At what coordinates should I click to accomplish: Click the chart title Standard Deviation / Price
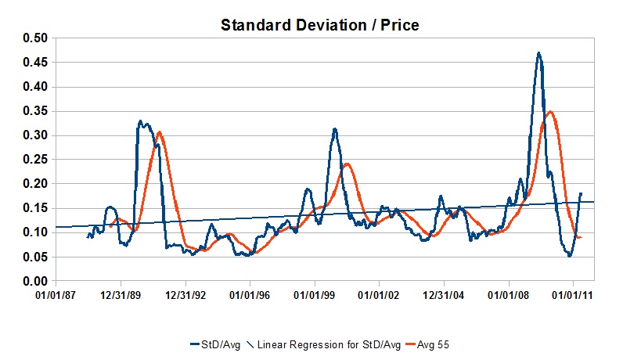(319, 25)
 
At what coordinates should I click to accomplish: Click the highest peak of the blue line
(538, 53)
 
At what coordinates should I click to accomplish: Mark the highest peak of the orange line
(550, 112)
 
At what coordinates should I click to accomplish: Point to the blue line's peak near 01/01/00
(334, 129)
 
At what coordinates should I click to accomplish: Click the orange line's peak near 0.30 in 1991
(159, 132)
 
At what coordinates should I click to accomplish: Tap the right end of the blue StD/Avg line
(581, 193)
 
